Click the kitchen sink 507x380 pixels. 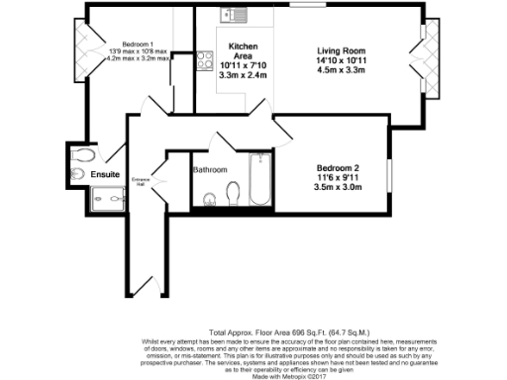click(237, 15)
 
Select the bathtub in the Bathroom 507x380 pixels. click(260, 180)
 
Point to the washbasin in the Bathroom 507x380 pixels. click(210, 201)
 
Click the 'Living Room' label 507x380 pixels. click(343, 51)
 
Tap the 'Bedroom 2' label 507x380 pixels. click(342, 167)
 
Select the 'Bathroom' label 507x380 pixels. click(210, 169)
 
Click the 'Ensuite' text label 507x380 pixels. click(105, 175)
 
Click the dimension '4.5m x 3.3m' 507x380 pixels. click(343, 71)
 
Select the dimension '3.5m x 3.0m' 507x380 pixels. click(342, 187)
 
